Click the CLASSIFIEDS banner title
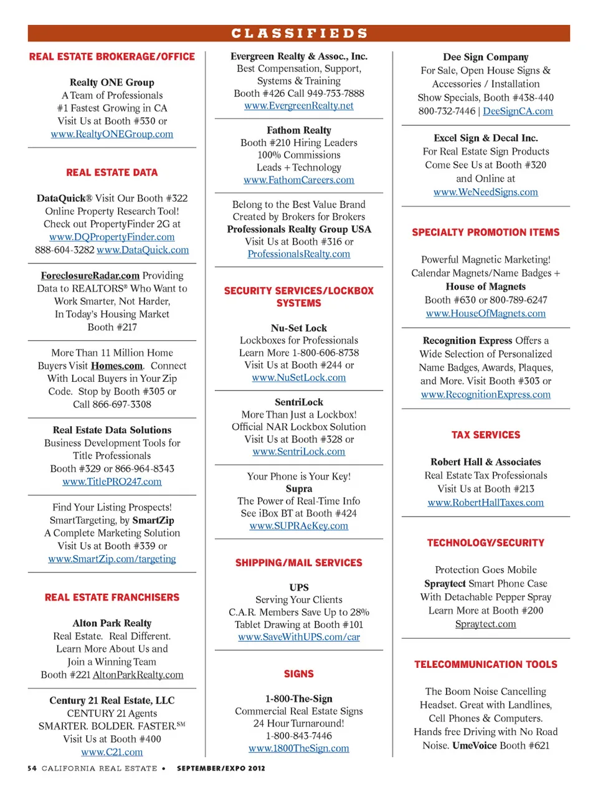(299, 33)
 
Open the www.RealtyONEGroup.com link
(112, 134)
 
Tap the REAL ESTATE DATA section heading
(112, 173)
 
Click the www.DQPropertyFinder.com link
(112, 237)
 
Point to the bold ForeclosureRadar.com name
(90, 275)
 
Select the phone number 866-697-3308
(122, 404)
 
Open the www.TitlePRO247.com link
(112, 482)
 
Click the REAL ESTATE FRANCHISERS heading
(112, 597)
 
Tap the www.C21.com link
(112, 752)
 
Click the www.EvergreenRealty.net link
(299, 106)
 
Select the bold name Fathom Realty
(299, 130)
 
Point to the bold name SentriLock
(299, 402)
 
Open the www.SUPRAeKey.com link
(299, 526)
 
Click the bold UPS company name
(299, 588)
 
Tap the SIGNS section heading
(299, 674)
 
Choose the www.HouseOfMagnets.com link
(486, 313)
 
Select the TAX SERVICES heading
(486, 435)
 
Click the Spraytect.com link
(486, 624)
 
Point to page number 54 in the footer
(32, 768)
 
